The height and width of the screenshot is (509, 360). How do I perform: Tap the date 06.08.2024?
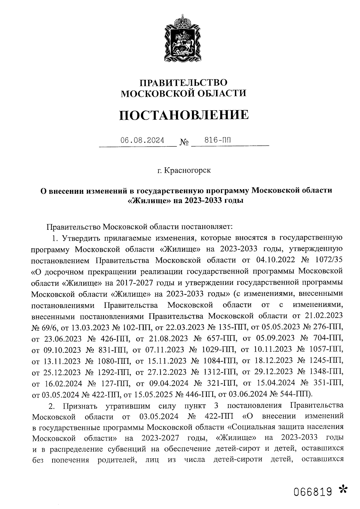(x=142, y=140)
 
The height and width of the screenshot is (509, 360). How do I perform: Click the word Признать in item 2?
(x=80, y=406)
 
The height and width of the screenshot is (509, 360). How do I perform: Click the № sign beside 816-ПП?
(x=184, y=142)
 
